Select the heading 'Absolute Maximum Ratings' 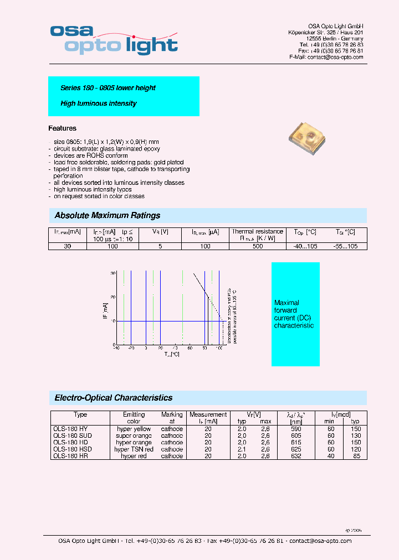(x=108, y=215)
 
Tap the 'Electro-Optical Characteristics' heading (x=114, y=398)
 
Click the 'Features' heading (x=63, y=128)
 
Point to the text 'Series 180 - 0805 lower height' (x=108, y=88)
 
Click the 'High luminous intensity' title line (x=99, y=103)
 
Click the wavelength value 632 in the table (x=296, y=456)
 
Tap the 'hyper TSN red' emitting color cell (x=134, y=449)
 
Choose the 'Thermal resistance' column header (x=258, y=232)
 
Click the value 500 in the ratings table (x=258, y=246)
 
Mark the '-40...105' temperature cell (x=305, y=246)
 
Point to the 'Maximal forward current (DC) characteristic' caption (x=294, y=314)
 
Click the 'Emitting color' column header (x=134, y=418)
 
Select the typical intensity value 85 (x=356, y=456)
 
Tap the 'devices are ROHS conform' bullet (x=91, y=155)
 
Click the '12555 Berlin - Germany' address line (x=335, y=39)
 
